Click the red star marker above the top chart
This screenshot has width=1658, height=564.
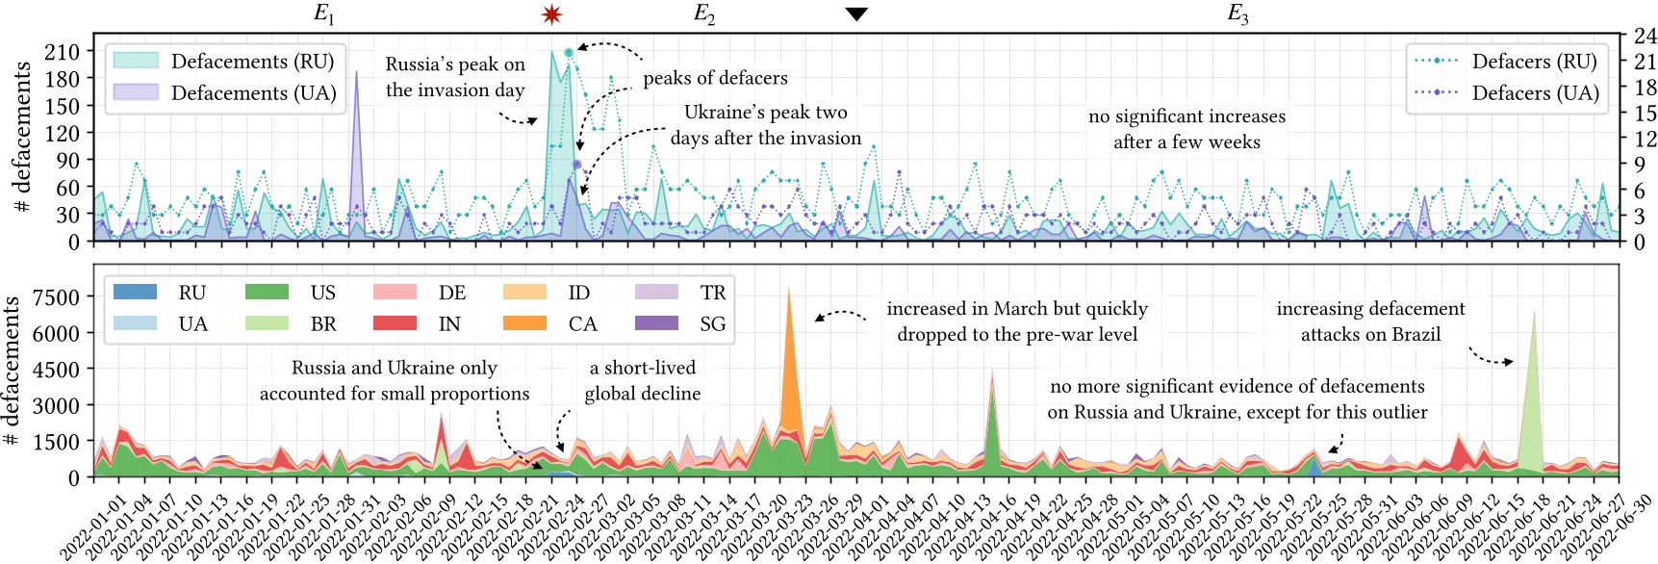pyautogui.click(x=551, y=14)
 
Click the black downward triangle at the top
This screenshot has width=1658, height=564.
pyautogui.click(x=856, y=13)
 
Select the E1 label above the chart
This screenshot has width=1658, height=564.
pyautogui.click(x=324, y=13)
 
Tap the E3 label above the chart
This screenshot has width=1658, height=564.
pyautogui.click(x=1237, y=13)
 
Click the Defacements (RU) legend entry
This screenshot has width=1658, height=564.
pyautogui.click(x=224, y=62)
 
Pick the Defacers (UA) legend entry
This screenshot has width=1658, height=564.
pyautogui.click(x=1507, y=93)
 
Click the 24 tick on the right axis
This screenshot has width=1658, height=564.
pyautogui.click(x=1645, y=36)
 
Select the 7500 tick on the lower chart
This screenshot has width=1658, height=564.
pyautogui.click(x=56, y=297)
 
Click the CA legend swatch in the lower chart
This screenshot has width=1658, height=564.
pyautogui.click(x=524, y=323)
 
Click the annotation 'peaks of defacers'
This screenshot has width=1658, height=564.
pyautogui.click(x=715, y=78)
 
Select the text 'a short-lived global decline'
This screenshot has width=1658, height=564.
pyautogui.click(x=643, y=380)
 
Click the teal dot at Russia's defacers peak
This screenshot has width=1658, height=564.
pyautogui.click(x=569, y=52)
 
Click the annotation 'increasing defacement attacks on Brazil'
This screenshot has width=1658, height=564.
pyautogui.click(x=1370, y=321)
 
